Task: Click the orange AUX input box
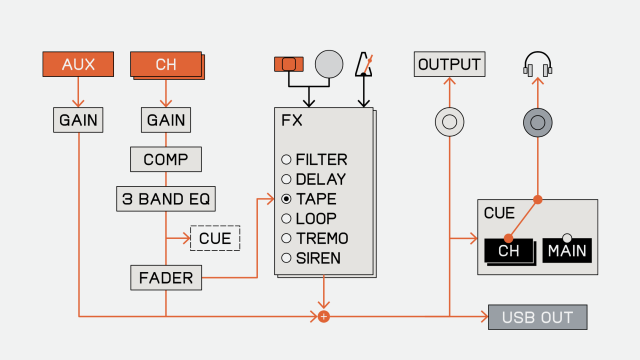click(x=78, y=64)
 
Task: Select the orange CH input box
click(x=167, y=65)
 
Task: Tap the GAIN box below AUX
click(x=78, y=120)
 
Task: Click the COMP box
click(x=166, y=159)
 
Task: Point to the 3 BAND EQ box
click(x=166, y=199)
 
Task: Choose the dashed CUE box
click(x=215, y=238)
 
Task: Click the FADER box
click(x=166, y=278)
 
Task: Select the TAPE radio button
click(x=286, y=199)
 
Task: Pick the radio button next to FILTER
click(x=286, y=159)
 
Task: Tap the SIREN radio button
click(x=286, y=258)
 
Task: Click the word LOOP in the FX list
click(x=316, y=219)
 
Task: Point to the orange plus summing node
click(x=324, y=316)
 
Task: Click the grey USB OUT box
click(x=538, y=317)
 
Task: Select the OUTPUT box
click(x=449, y=64)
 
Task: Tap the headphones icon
click(x=538, y=64)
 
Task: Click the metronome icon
click(x=364, y=64)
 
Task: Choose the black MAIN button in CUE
click(x=567, y=250)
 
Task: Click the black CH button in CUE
click(x=510, y=251)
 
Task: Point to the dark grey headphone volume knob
click(x=538, y=122)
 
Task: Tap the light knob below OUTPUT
click(x=449, y=122)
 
